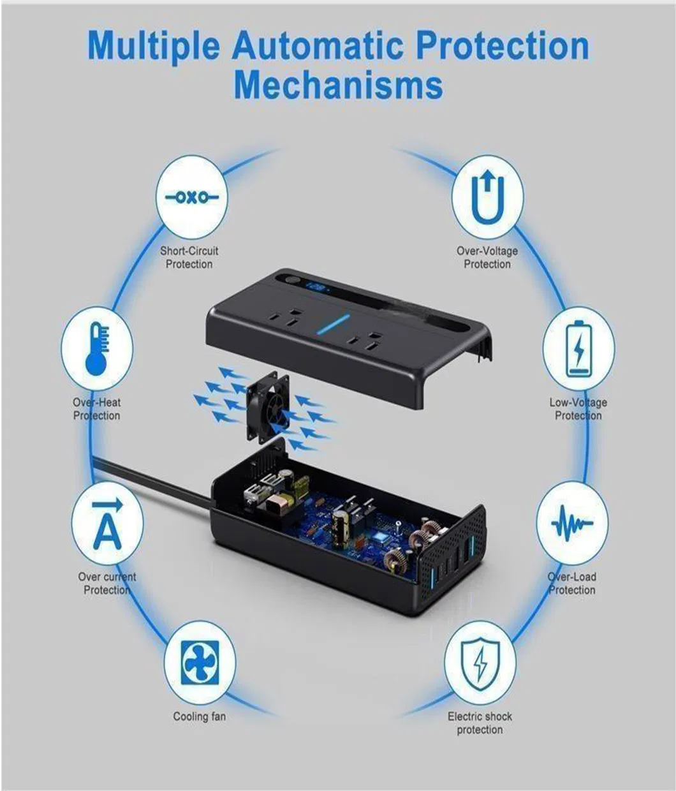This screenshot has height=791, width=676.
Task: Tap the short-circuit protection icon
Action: [x=192, y=198]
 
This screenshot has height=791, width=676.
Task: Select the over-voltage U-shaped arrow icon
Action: [x=487, y=197]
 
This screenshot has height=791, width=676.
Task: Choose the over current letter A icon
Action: [x=108, y=524]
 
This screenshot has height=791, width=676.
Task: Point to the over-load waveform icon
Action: [x=572, y=523]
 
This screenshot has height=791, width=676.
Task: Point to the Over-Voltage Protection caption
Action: [x=487, y=258]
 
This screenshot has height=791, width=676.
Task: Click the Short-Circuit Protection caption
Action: [x=189, y=258]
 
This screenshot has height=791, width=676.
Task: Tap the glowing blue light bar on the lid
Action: [x=332, y=325]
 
